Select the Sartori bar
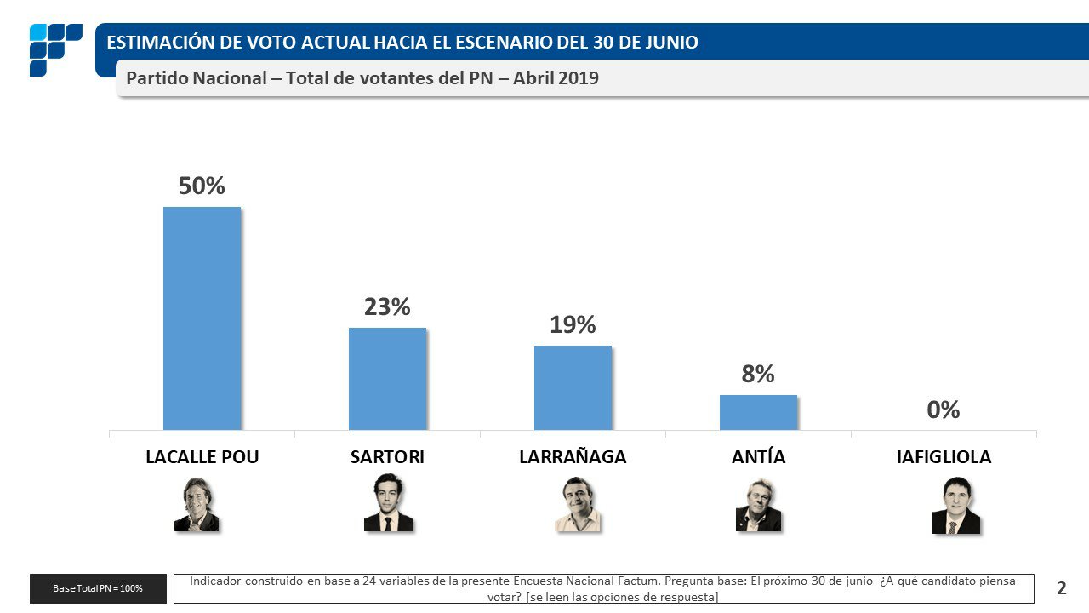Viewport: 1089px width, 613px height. click(387, 378)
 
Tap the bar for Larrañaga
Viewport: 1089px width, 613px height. click(573, 387)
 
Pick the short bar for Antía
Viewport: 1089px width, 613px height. click(758, 412)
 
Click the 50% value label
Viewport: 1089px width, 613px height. click(202, 186)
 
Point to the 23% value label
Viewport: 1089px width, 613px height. click(387, 307)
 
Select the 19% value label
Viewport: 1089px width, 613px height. click(573, 325)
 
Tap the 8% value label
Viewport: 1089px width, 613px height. click(758, 374)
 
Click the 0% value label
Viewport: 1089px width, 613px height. click(944, 410)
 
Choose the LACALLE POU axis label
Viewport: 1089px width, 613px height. click(202, 457)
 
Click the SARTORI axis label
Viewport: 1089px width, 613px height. click(387, 457)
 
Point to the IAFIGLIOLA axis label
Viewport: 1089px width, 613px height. click(944, 457)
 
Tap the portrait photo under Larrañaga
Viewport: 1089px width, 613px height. click(578, 504)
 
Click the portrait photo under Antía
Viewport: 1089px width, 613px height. click(757, 505)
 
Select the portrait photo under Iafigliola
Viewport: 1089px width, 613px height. click(955, 505)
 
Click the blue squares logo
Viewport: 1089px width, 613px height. click(54, 49)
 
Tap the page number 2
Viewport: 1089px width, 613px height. click(1061, 588)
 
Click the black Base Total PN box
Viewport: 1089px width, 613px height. click(98, 588)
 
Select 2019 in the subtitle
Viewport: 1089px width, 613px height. click(579, 78)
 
